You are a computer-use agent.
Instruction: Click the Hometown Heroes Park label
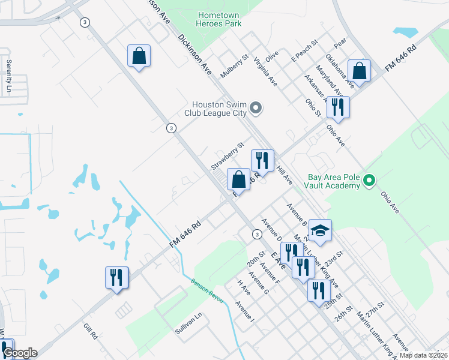point(219,19)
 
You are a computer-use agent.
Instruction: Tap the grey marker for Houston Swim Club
point(256,109)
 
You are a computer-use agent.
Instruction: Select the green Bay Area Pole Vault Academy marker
point(370,180)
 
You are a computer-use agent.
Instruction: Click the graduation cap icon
point(321,231)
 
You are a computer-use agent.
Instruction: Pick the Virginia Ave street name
point(265,71)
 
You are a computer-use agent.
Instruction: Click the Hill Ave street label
point(284,176)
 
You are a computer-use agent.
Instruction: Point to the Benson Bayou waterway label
point(207,290)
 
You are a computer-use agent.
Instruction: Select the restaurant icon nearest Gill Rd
point(116,278)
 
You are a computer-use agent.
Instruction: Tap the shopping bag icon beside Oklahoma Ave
point(359,71)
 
